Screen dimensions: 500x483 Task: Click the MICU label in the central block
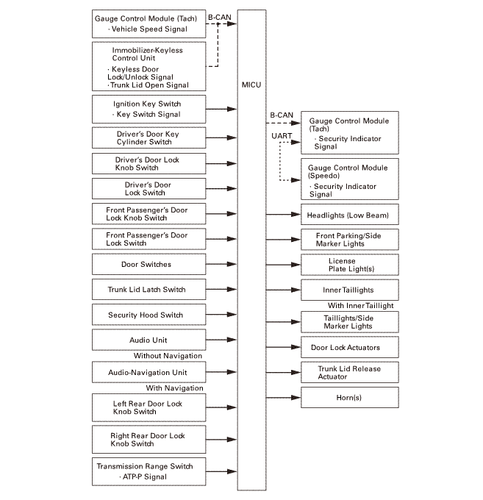[251, 85]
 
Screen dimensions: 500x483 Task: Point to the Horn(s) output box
[349, 398]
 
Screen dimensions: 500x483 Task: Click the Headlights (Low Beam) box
[349, 215]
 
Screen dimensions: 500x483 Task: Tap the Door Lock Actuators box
[349, 347]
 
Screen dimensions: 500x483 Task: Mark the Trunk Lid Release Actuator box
[349, 372]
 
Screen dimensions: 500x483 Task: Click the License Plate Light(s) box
[349, 265]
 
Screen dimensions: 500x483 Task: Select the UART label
[281, 136]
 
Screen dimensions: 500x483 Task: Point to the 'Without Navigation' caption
[168, 356]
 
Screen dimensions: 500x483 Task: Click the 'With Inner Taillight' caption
[360, 305]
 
